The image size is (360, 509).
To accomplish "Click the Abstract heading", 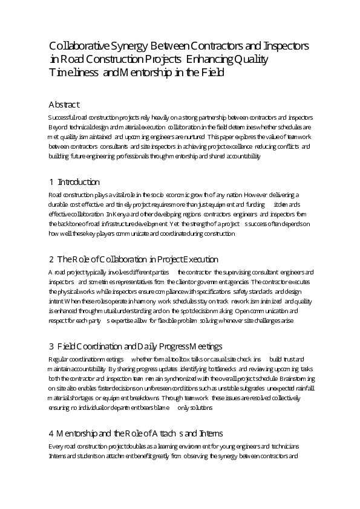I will pyautogui.click(x=64, y=104).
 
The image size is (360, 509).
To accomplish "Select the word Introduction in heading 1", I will pyautogui.click(x=79, y=182).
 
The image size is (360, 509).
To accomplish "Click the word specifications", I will pyautogui.click(x=204, y=291).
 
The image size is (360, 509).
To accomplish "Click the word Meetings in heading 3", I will pyautogui.click(x=206, y=346).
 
